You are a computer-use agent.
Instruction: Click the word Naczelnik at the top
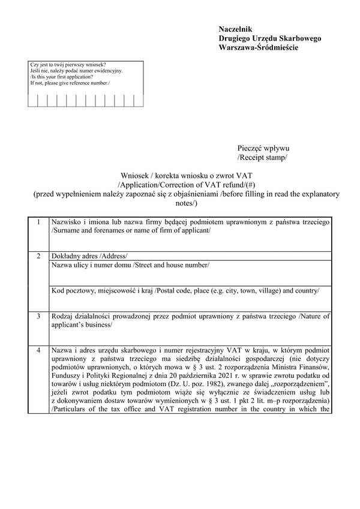point(236,29)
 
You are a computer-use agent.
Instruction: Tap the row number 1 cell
point(39,222)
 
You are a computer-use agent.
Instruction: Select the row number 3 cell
point(39,315)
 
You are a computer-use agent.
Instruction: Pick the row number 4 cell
point(39,349)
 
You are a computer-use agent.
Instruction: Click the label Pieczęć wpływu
point(263,148)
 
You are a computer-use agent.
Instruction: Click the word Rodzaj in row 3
point(64,315)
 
